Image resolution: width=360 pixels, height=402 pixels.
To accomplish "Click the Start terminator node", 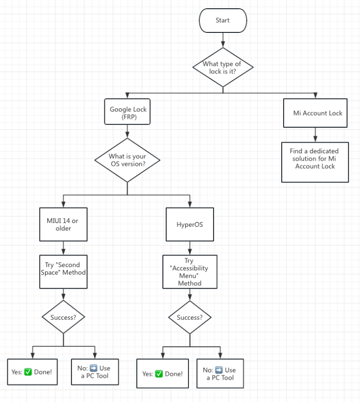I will point(223,21).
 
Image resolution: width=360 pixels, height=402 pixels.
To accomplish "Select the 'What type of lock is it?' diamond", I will point(223,68).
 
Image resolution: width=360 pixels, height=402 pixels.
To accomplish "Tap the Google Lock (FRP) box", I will point(128,112).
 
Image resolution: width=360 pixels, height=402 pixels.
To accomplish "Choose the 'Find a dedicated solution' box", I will point(315,158).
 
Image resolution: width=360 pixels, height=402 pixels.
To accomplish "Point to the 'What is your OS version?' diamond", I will point(127,160).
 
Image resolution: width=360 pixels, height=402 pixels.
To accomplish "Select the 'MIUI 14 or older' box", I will point(63,224).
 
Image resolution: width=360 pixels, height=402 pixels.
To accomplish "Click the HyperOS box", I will point(189,224).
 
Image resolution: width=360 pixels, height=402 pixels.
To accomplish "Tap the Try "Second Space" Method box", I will point(63,268).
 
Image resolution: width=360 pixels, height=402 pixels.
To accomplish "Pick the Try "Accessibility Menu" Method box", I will point(189,272).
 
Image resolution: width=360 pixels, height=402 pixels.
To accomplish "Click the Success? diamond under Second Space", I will point(63,317).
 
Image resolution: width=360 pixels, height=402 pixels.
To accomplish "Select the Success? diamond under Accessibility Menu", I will point(189,318).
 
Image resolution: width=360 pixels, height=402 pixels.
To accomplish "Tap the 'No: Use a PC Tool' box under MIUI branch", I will point(95,372).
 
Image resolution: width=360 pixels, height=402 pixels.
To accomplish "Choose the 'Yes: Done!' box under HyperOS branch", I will point(162,373).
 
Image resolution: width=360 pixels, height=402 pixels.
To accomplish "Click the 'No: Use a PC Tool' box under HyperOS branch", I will point(220,373).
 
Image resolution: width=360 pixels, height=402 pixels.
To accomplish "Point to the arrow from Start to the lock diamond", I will point(223,40).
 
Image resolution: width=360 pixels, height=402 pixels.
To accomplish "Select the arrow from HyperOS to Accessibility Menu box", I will point(189,248).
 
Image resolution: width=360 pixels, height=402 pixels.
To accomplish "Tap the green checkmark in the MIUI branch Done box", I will point(28,372).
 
